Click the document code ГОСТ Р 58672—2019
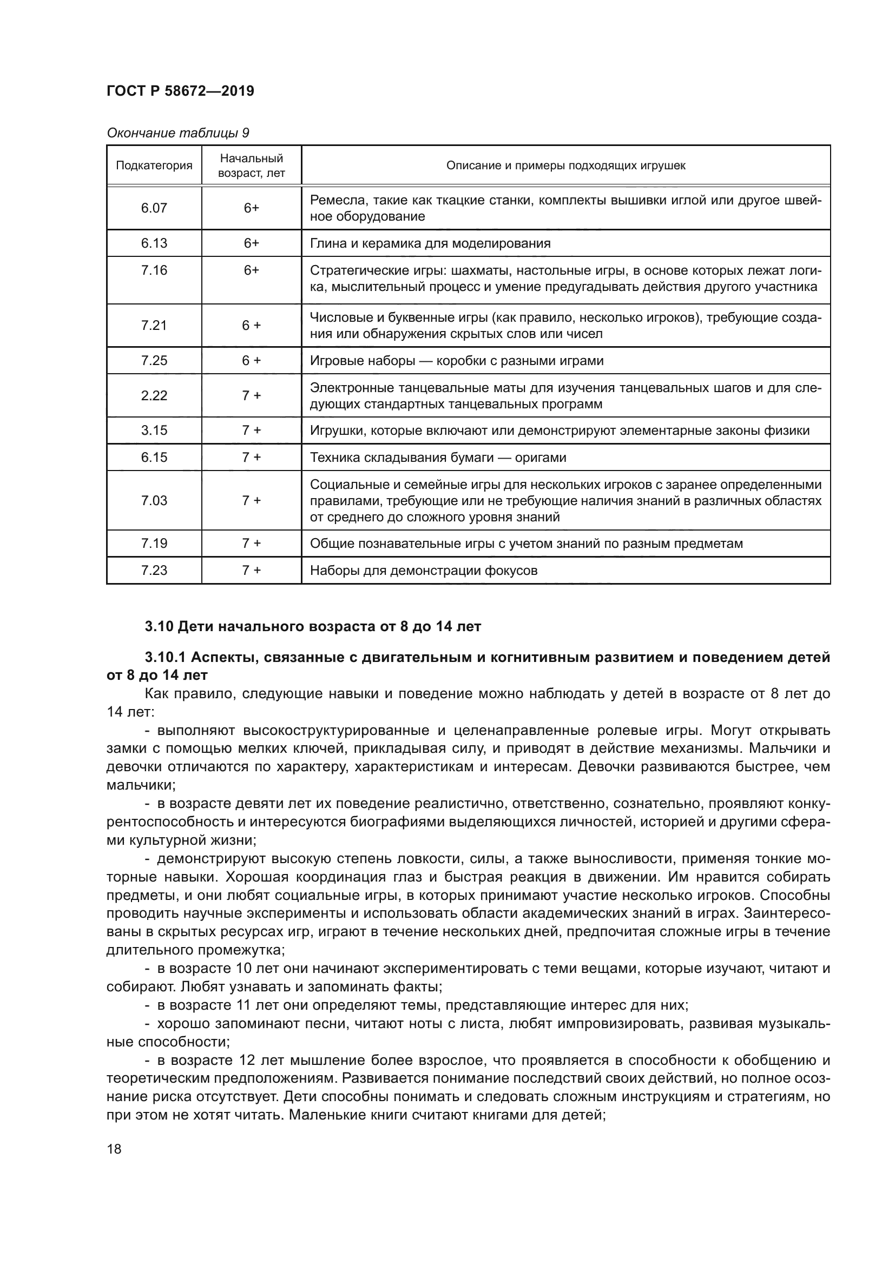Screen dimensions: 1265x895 click(x=180, y=91)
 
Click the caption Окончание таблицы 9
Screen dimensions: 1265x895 click(x=177, y=133)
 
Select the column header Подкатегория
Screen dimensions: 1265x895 click(x=154, y=165)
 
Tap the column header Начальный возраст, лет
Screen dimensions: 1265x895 click(x=251, y=165)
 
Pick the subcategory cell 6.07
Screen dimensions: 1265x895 click(x=154, y=208)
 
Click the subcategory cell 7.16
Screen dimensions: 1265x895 click(x=154, y=270)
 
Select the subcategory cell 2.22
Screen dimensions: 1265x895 click(x=154, y=395)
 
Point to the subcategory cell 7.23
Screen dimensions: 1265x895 click(x=154, y=569)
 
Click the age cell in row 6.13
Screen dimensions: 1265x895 click(x=251, y=243)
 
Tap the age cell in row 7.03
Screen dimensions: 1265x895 click(x=251, y=500)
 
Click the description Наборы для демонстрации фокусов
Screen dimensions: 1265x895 click(x=423, y=570)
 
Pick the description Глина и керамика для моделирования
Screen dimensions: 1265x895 click(x=430, y=243)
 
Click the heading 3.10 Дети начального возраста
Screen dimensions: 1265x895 click(x=313, y=626)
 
